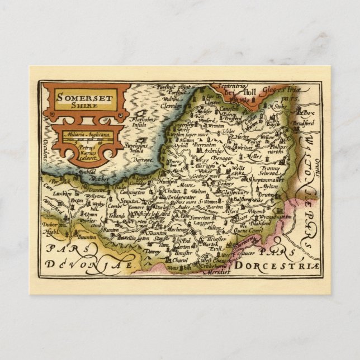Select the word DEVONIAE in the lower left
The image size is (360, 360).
[89, 263]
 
